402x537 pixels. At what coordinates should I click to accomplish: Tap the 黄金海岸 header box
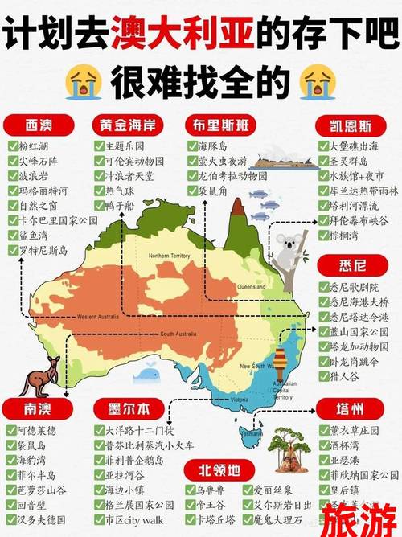coord(129,126)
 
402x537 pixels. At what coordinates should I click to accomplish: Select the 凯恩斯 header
coord(354,126)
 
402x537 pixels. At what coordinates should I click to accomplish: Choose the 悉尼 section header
coord(354,264)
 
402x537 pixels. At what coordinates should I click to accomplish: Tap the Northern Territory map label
coord(170,256)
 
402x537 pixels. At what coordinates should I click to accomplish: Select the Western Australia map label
coord(97,317)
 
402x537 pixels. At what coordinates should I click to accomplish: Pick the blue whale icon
coord(146,371)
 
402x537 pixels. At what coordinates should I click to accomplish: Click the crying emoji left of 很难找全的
coord(86,80)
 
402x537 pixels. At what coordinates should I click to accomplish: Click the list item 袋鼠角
coord(215,191)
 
